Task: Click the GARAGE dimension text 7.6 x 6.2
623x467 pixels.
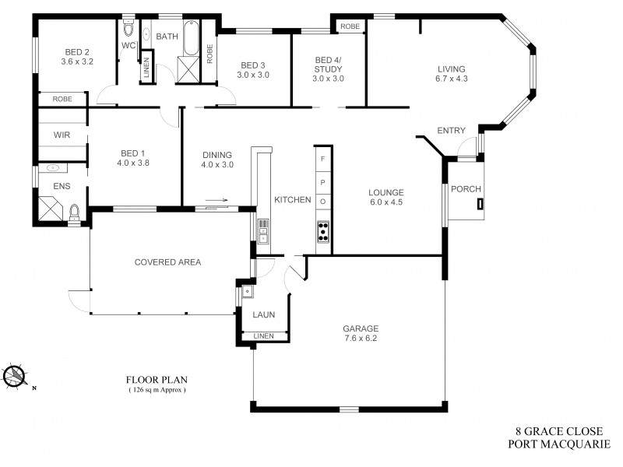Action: click(361, 338)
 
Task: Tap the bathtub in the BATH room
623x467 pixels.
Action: click(191, 36)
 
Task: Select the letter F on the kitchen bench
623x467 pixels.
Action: click(323, 158)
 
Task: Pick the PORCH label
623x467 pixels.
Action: click(466, 189)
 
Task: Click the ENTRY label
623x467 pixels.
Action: click(452, 130)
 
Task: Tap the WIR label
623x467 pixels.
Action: click(62, 135)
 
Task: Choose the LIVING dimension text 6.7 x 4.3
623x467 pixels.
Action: click(452, 78)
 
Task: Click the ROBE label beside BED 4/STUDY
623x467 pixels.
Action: click(350, 26)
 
